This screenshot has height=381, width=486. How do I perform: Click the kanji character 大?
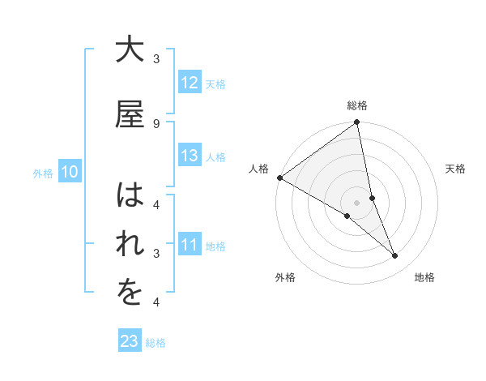(130, 51)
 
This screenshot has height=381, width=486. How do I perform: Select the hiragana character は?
(130, 195)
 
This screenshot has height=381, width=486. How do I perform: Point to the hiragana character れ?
(130, 246)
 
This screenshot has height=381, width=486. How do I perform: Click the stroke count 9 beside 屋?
(156, 123)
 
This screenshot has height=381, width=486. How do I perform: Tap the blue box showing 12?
(190, 83)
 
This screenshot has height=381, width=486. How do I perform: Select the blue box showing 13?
(190, 156)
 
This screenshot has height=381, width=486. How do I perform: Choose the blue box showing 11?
(190, 245)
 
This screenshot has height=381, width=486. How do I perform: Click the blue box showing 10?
(70, 172)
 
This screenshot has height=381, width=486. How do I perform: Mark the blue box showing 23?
(130, 341)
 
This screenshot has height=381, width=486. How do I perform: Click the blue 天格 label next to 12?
(215, 83)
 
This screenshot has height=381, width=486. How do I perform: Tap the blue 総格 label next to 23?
(156, 342)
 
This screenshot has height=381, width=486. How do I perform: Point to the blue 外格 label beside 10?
(42, 173)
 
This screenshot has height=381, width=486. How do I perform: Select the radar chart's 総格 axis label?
(357, 105)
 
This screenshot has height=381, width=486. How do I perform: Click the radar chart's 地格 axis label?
(424, 277)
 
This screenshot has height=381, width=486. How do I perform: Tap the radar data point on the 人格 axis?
(279, 178)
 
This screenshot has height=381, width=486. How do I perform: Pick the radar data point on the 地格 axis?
(395, 256)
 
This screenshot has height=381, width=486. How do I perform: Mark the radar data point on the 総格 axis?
(356, 122)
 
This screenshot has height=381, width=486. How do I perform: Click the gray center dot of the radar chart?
(356, 202)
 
